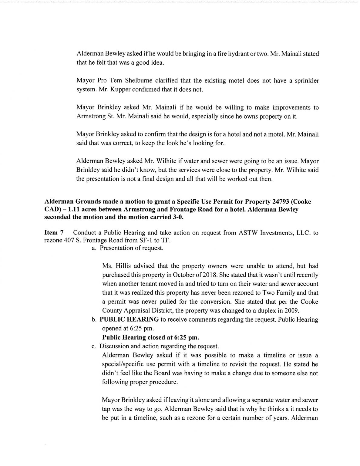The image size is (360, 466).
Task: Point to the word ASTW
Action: pyautogui.click(x=246, y=233)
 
